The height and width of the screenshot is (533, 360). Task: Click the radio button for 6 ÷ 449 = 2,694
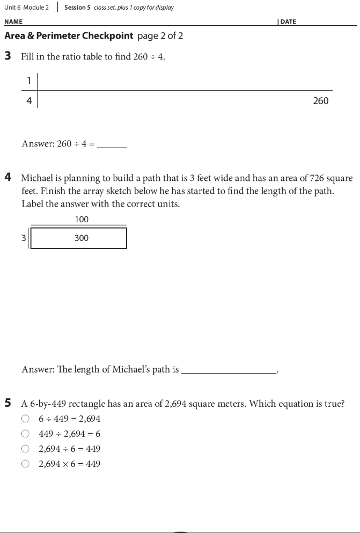[25, 419]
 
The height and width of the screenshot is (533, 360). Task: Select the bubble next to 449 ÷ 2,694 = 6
[25, 434]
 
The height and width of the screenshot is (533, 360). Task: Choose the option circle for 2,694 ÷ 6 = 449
[25, 449]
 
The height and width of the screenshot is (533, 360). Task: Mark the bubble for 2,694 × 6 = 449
[25, 464]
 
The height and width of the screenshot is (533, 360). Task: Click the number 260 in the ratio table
[320, 101]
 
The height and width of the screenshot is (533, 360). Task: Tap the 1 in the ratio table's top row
[29, 81]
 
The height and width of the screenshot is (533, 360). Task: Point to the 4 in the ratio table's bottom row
[29, 100]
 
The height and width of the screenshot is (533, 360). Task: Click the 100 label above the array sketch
[82, 219]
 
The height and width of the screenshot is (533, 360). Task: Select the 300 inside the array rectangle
[82, 238]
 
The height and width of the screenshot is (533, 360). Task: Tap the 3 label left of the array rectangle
[24, 238]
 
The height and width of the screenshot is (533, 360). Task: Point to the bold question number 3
[8, 56]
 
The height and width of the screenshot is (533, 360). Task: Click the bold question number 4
[8, 178]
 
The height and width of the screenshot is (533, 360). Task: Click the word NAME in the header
[13, 22]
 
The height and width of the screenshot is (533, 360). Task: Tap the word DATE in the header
[288, 22]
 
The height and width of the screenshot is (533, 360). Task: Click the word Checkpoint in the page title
[107, 36]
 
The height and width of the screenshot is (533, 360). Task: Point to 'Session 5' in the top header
[77, 8]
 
